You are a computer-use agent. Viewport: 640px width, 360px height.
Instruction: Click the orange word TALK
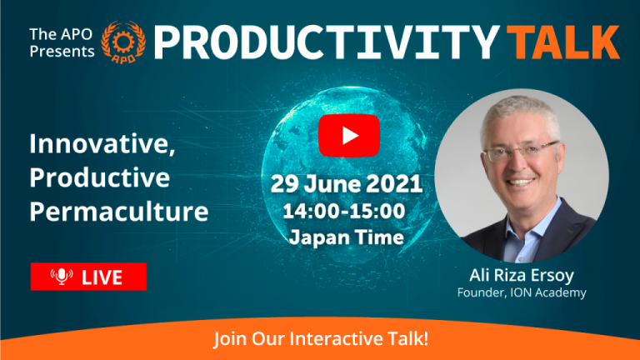(x=566, y=42)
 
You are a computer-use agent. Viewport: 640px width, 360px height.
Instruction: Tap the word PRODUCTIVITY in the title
(x=327, y=42)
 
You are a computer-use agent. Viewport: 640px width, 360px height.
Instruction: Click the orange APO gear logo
(x=123, y=42)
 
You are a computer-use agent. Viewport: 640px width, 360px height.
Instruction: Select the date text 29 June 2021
(x=346, y=183)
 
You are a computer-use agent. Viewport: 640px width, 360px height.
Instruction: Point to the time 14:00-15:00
(x=344, y=211)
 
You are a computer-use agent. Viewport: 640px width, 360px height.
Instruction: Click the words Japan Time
(x=347, y=237)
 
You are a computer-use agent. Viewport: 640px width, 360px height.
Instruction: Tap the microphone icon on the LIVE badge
(x=62, y=277)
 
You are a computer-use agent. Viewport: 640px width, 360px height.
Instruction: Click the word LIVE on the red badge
(x=102, y=277)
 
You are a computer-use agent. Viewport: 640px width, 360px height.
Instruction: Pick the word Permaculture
(x=119, y=212)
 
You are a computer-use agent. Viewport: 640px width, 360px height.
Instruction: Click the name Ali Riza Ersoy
(x=522, y=276)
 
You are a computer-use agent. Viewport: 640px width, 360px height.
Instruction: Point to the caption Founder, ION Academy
(x=522, y=292)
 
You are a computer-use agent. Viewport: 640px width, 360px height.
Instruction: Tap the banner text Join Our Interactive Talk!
(x=321, y=339)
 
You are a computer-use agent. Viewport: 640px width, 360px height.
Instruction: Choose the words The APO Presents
(x=62, y=42)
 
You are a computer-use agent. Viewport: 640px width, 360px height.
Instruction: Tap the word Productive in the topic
(x=100, y=177)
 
